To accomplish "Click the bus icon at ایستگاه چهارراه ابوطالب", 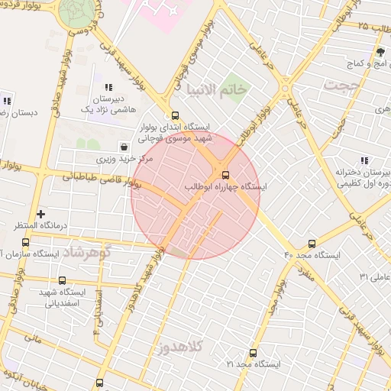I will click(x=224, y=175).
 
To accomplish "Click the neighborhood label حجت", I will click(x=340, y=86).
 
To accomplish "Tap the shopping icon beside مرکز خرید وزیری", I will click(x=124, y=147).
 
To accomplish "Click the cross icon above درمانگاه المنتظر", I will click(x=40, y=214).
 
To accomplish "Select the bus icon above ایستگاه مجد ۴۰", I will click(x=311, y=243).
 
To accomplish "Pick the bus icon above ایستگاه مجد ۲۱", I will click(x=253, y=353).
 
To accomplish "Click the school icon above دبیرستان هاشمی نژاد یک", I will click(x=109, y=88).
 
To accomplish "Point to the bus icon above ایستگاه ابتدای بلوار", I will click(x=175, y=115).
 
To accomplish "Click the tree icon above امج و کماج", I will click(x=380, y=52).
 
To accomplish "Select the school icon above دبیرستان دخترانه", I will click(x=364, y=160).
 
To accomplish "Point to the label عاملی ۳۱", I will click(x=375, y=276).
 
